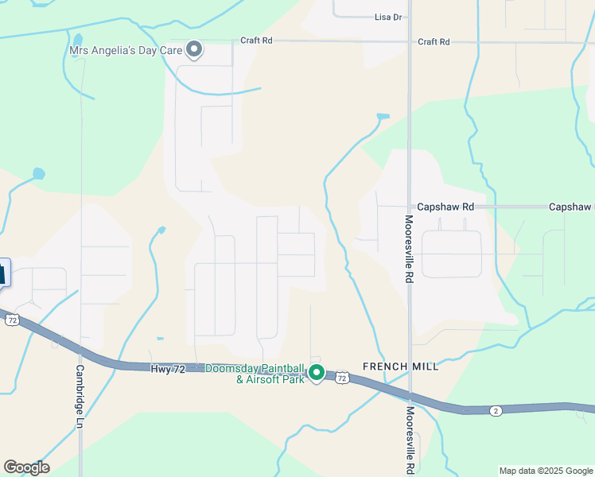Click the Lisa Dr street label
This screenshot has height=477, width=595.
[388, 16]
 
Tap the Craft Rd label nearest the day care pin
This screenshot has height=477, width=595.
[256, 41]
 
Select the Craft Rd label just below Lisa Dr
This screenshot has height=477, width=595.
[434, 41]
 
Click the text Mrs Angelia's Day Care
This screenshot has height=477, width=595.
[126, 51]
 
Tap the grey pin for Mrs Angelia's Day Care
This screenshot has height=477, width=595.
[193, 50]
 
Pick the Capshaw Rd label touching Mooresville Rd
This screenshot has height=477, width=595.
[445, 207]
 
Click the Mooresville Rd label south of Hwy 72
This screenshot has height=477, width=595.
[409, 440]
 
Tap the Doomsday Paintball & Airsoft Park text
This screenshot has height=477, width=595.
[255, 374]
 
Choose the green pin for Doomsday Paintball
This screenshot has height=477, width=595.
[316, 372]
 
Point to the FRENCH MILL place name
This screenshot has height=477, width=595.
[400, 366]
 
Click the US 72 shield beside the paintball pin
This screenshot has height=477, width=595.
[341, 378]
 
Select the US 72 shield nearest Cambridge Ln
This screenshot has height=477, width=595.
[11, 320]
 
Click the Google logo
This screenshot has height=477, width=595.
[26, 467]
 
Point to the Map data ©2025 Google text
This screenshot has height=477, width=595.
[546, 471]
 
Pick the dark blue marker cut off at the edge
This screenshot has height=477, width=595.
[4, 273]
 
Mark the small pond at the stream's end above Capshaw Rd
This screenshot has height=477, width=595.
[383, 117]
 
